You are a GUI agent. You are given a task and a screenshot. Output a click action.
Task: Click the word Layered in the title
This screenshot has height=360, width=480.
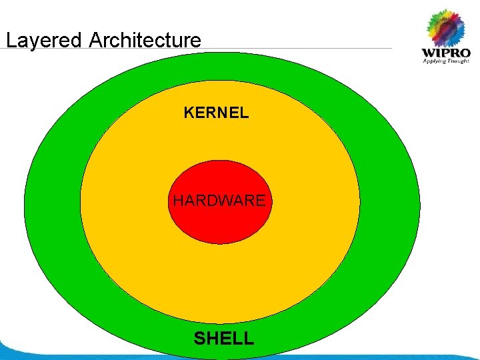point(44,41)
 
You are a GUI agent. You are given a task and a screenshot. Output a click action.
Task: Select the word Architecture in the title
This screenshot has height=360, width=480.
point(145,40)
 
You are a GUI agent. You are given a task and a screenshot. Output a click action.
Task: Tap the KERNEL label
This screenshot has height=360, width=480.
point(216,113)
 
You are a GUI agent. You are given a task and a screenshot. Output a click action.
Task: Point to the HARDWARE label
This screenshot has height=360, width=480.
point(219,200)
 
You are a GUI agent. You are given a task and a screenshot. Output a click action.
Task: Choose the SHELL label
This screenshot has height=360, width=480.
point(224,338)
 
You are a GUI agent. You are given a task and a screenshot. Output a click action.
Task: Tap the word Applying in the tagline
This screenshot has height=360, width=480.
point(434,62)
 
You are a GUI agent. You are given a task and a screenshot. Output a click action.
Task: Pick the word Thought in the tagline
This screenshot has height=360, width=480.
point(459,62)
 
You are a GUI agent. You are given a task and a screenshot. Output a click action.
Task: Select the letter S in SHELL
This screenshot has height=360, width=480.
point(199,338)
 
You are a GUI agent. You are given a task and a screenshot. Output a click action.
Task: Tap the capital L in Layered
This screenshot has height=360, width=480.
point(10,40)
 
